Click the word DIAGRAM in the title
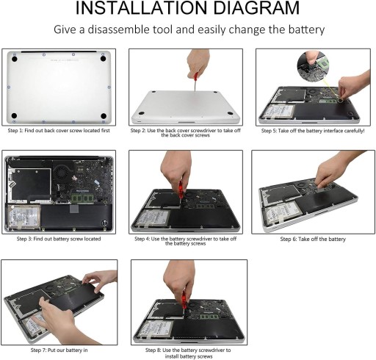click(256, 7)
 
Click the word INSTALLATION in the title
click(141, 7)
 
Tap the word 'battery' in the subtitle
click(306, 29)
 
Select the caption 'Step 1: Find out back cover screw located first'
click(59, 131)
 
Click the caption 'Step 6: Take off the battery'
click(313, 239)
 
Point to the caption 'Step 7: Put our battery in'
click(59, 350)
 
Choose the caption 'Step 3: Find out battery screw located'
click(59, 239)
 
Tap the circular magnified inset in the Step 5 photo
click(314, 67)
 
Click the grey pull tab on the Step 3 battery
click(74, 209)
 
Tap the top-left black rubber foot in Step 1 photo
click(14, 59)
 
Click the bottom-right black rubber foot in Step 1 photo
click(104, 116)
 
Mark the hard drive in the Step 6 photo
click(282, 212)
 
